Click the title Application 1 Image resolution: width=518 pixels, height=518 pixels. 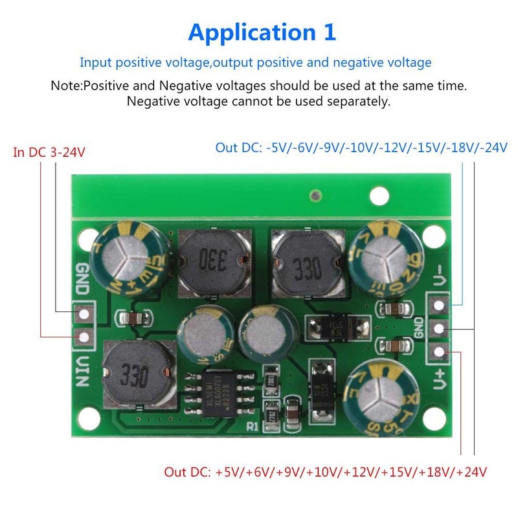(x=262, y=32)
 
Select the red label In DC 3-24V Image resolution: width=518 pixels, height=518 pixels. (x=50, y=153)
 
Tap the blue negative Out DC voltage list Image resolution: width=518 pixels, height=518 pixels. (x=361, y=148)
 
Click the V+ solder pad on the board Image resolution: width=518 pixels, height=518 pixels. (x=439, y=352)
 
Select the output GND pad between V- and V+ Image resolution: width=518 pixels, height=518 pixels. (x=439, y=328)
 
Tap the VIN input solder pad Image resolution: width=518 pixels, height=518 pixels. (x=84, y=337)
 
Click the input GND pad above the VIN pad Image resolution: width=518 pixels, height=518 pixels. (x=84, y=315)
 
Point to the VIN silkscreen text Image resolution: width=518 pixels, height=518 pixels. (x=84, y=372)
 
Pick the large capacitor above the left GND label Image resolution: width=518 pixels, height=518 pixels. (x=132, y=258)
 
